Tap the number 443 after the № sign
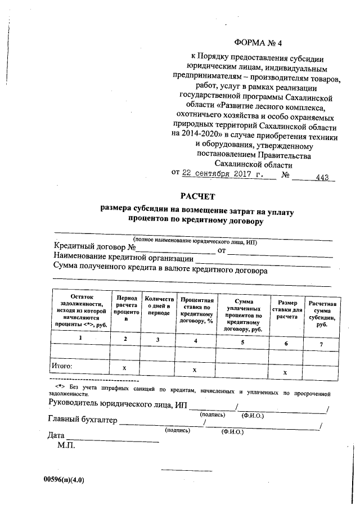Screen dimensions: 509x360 tap(322, 178)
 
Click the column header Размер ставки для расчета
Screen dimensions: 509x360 tap(286, 309)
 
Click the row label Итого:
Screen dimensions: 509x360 tap(62, 366)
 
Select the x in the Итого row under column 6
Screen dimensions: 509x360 tap(286, 372)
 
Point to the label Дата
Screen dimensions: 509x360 tap(57, 435)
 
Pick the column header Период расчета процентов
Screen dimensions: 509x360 tap(126, 309)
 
